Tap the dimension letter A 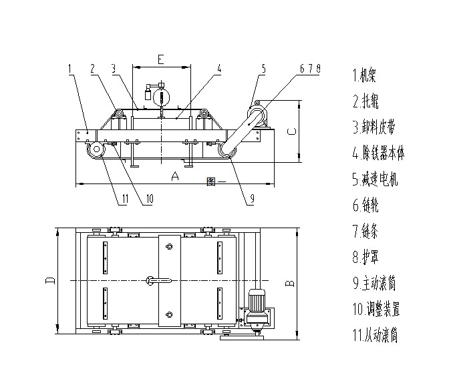[x=175, y=177]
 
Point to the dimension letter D [x=49, y=280]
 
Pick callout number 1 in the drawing [x=70, y=67]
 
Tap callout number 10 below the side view [x=149, y=198]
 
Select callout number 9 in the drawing [x=252, y=198]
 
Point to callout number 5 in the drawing [x=264, y=68]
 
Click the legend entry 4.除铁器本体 [x=378, y=153]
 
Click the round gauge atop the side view [x=161, y=97]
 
